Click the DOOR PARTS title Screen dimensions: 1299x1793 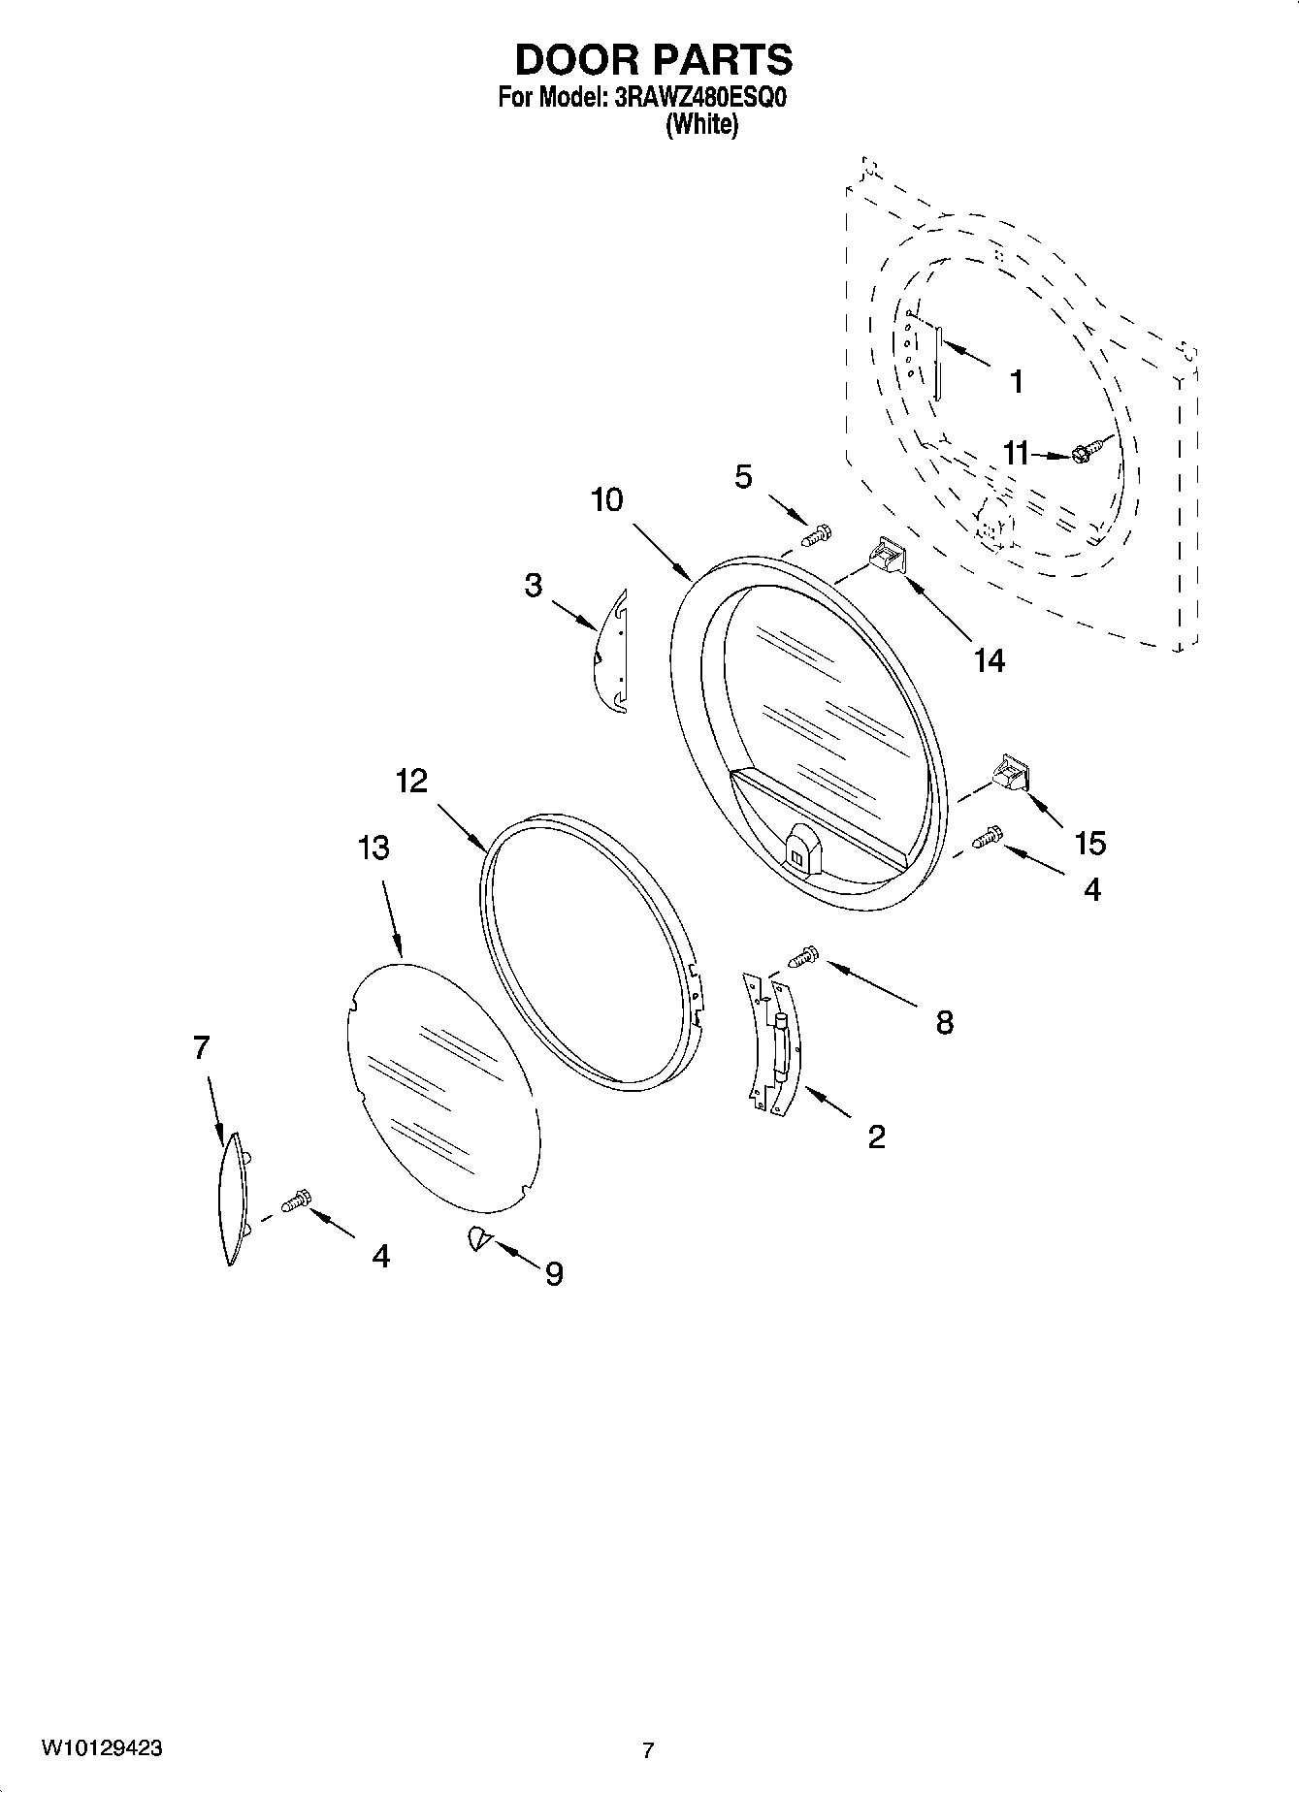click(653, 60)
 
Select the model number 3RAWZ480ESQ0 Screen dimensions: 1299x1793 click(695, 99)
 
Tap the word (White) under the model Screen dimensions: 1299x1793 click(700, 124)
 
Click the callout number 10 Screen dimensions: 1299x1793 click(607, 500)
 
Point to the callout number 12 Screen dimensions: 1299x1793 click(411, 781)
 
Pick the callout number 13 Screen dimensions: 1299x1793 click(373, 848)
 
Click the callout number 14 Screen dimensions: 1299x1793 click(989, 660)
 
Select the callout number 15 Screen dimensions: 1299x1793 click(1089, 843)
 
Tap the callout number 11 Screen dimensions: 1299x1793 click(1015, 453)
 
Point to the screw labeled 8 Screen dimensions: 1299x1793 click(805, 956)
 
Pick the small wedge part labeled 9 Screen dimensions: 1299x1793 click(477, 1237)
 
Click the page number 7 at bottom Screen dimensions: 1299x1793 click(648, 1750)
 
